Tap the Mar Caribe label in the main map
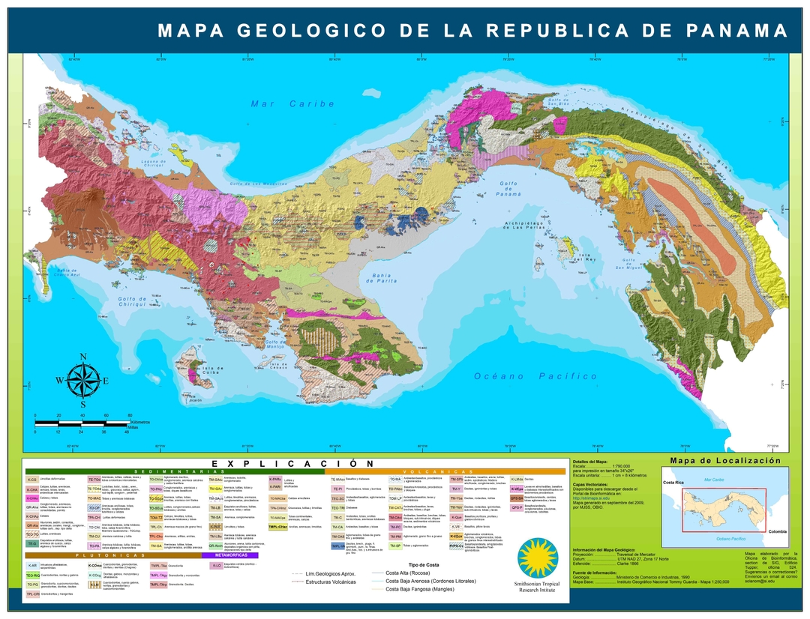[x=292, y=103]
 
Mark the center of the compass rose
[x=82, y=381]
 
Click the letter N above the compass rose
[x=82, y=357]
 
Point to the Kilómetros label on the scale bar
[x=140, y=422]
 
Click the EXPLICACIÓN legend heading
[x=292, y=463]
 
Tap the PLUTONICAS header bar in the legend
[x=112, y=555]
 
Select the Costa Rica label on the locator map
[x=675, y=483]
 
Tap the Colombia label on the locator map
[x=777, y=531]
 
